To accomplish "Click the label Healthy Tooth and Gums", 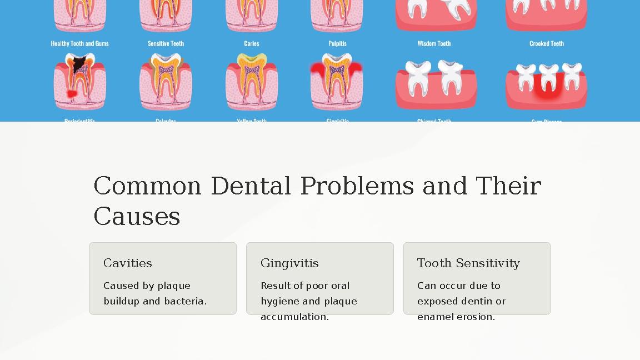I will pyautogui.click(x=79, y=43).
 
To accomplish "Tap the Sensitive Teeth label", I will pyautogui.click(x=166, y=43).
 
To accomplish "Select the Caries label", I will pyautogui.click(x=251, y=43).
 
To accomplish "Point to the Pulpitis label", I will pyautogui.click(x=337, y=43).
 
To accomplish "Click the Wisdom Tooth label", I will pyautogui.click(x=434, y=43).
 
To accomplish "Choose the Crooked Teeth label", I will pyautogui.click(x=546, y=43).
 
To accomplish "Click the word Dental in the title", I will pyautogui.click(x=251, y=186).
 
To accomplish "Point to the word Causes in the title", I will pyautogui.click(x=137, y=216).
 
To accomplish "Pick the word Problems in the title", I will pyautogui.click(x=357, y=186).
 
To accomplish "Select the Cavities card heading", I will pyautogui.click(x=128, y=263).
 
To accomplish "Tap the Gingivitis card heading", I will pyautogui.click(x=289, y=263).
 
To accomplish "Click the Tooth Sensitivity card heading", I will pyautogui.click(x=468, y=263).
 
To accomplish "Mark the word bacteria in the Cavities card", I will pyautogui.click(x=185, y=301).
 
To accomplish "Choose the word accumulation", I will pyautogui.click(x=294, y=317).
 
